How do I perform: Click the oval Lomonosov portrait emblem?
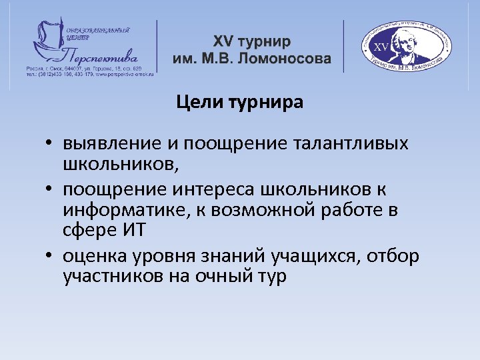[x=405, y=45]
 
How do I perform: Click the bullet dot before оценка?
[x=50, y=257]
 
